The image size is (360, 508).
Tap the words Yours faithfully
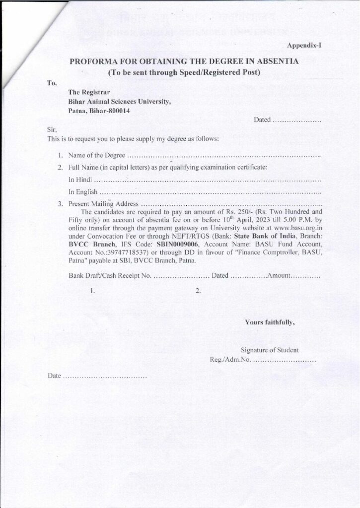pyautogui.click(x=270, y=322)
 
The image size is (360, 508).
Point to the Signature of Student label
pyautogui.click(x=270, y=350)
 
